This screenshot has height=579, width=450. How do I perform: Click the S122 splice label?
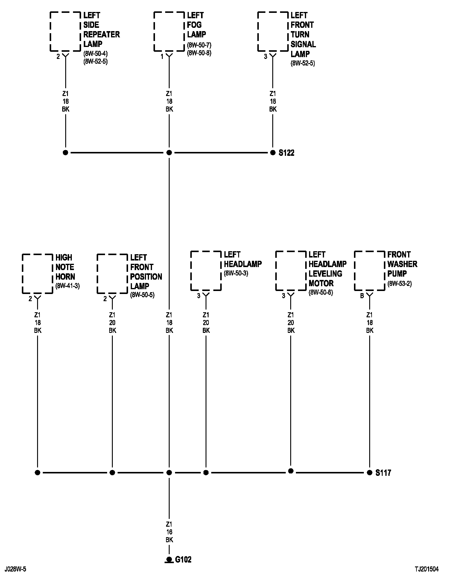click(286, 153)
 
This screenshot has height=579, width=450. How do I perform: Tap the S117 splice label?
click(383, 473)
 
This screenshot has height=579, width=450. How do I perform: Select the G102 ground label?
click(183, 560)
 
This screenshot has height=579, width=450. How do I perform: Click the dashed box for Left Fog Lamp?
click(169, 31)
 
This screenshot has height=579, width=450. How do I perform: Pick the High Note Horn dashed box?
click(38, 273)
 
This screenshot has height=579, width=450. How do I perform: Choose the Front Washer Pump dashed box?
click(370, 271)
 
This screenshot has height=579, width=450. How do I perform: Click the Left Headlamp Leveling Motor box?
click(291, 271)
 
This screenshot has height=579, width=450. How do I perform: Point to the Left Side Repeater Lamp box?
click(65, 31)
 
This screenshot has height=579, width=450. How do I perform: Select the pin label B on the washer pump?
click(362, 296)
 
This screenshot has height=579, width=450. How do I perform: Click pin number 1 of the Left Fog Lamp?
click(162, 57)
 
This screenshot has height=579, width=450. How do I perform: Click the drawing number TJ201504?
click(426, 569)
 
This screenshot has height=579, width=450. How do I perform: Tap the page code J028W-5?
click(15, 569)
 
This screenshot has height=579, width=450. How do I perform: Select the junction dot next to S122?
click(273, 153)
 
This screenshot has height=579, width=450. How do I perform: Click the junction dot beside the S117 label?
click(370, 473)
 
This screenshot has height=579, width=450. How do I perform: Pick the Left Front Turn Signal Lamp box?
click(273, 31)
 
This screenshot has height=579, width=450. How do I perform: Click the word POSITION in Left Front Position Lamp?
click(146, 277)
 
